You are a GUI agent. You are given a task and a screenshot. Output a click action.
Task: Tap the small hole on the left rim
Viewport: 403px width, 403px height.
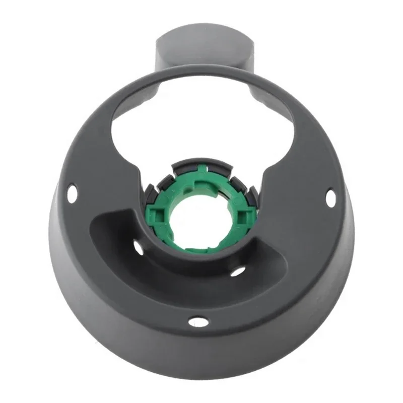(x=73, y=191)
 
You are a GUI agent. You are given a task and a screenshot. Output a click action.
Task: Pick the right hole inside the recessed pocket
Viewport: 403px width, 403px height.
(x=239, y=271)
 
